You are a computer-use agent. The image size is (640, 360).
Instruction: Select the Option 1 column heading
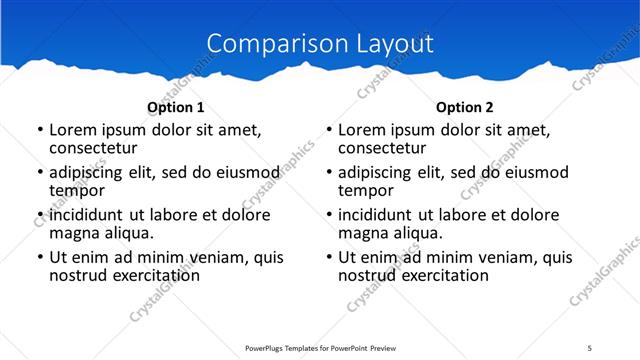point(175,107)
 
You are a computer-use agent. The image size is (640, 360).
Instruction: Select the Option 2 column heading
point(464,107)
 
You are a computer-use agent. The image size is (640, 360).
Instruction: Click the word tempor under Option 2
point(365,190)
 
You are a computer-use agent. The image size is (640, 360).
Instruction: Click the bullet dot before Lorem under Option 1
point(39,131)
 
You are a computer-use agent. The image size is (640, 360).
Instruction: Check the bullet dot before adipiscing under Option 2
point(328,173)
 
